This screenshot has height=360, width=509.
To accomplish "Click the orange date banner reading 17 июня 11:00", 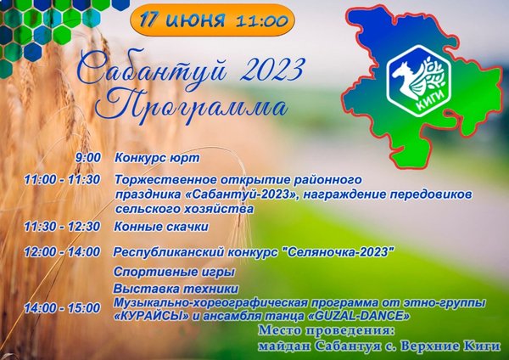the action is pyautogui.click(x=212, y=20).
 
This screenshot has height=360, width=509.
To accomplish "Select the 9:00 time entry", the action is pyautogui.click(x=88, y=158).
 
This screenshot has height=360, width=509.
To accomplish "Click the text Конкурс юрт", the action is pyautogui.click(x=157, y=158).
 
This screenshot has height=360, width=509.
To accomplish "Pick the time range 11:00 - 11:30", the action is pyautogui.click(x=62, y=180).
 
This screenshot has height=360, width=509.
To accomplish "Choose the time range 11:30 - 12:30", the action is pyautogui.click(x=62, y=227).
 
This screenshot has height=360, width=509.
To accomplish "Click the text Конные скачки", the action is pyautogui.click(x=161, y=227).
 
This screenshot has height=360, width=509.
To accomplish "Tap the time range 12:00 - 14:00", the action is pyautogui.click(x=62, y=252).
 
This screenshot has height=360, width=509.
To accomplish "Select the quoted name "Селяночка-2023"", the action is pyautogui.click(x=338, y=252).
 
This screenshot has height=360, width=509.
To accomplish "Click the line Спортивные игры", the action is pyautogui.click(x=174, y=272).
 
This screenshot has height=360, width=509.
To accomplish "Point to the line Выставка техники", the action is pyautogui.click(x=176, y=289).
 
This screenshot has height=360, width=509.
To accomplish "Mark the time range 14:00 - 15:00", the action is pyautogui.click(x=62, y=308).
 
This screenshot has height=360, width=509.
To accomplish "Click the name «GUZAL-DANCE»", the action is pyautogui.click(x=358, y=316).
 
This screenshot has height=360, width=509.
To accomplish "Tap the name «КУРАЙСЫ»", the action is pyautogui.click(x=152, y=316).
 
